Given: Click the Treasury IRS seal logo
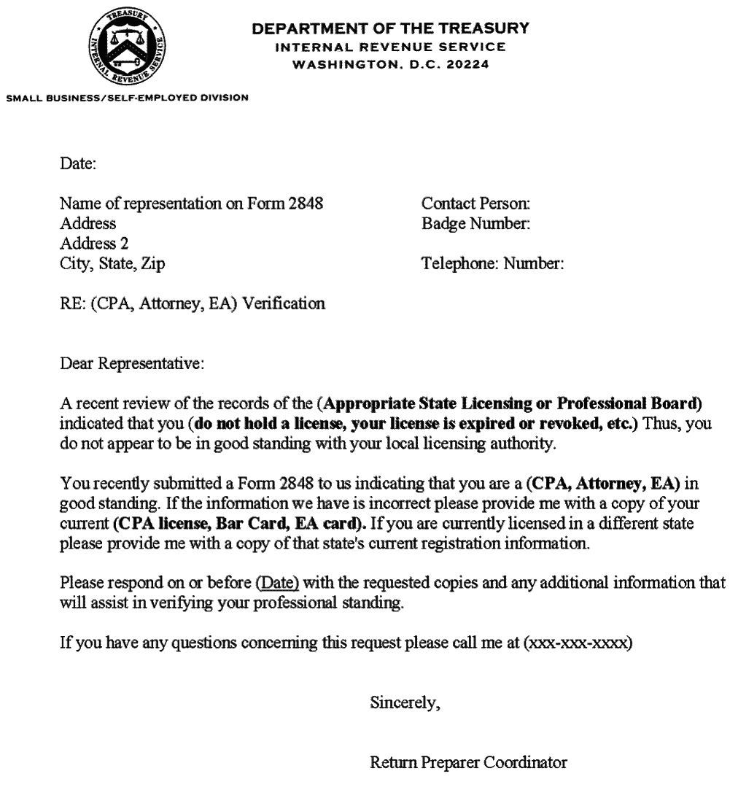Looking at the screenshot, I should [x=127, y=53].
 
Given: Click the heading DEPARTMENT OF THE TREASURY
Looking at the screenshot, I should [x=390, y=29].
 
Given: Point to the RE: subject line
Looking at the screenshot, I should [x=193, y=303].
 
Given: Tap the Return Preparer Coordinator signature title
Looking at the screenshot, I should [x=468, y=764].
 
